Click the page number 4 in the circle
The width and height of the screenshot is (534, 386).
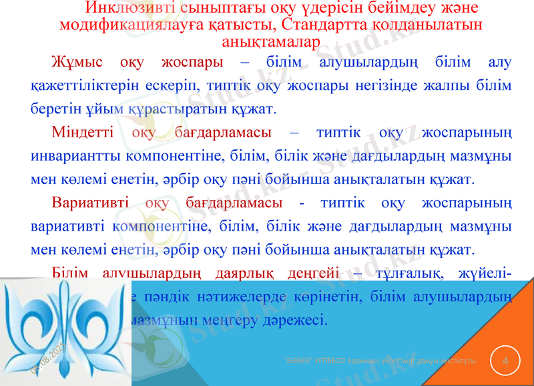click(x=505, y=361)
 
